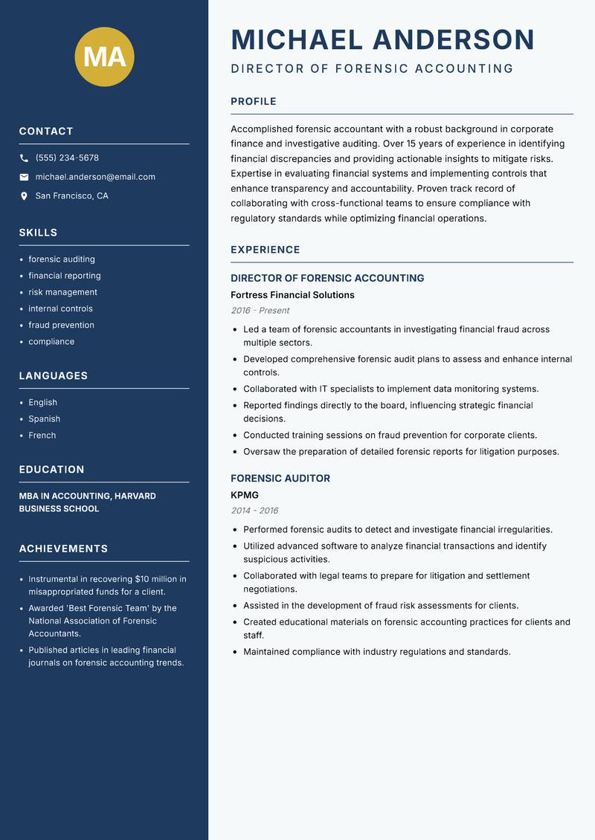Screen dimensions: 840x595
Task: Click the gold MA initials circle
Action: tap(105, 56)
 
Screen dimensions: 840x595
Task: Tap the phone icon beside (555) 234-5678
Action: tap(24, 158)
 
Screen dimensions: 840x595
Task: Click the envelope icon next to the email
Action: tap(24, 177)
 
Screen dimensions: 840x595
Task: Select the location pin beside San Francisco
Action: tap(24, 196)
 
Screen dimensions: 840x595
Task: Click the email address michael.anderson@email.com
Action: tap(95, 177)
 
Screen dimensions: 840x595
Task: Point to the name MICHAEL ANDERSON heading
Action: tap(383, 39)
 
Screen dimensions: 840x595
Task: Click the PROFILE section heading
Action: tap(254, 102)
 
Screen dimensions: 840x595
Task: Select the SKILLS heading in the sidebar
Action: tap(38, 233)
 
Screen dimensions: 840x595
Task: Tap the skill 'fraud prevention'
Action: tap(61, 325)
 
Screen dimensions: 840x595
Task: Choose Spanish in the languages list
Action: tap(44, 419)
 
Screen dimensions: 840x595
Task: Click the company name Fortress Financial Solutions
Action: tap(292, 295)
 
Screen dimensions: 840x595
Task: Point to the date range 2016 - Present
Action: tap(260, 311)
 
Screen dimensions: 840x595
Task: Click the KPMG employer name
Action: tap(245, 495)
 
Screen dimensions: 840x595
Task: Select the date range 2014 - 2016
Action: tap(254, 511)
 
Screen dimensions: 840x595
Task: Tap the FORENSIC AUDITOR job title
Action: tap(280, 479)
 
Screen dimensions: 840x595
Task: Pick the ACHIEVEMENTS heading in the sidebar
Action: tap(63, 549)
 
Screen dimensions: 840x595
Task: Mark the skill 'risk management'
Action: tap(62, 292)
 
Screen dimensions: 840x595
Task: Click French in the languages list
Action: tap(42, 435)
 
